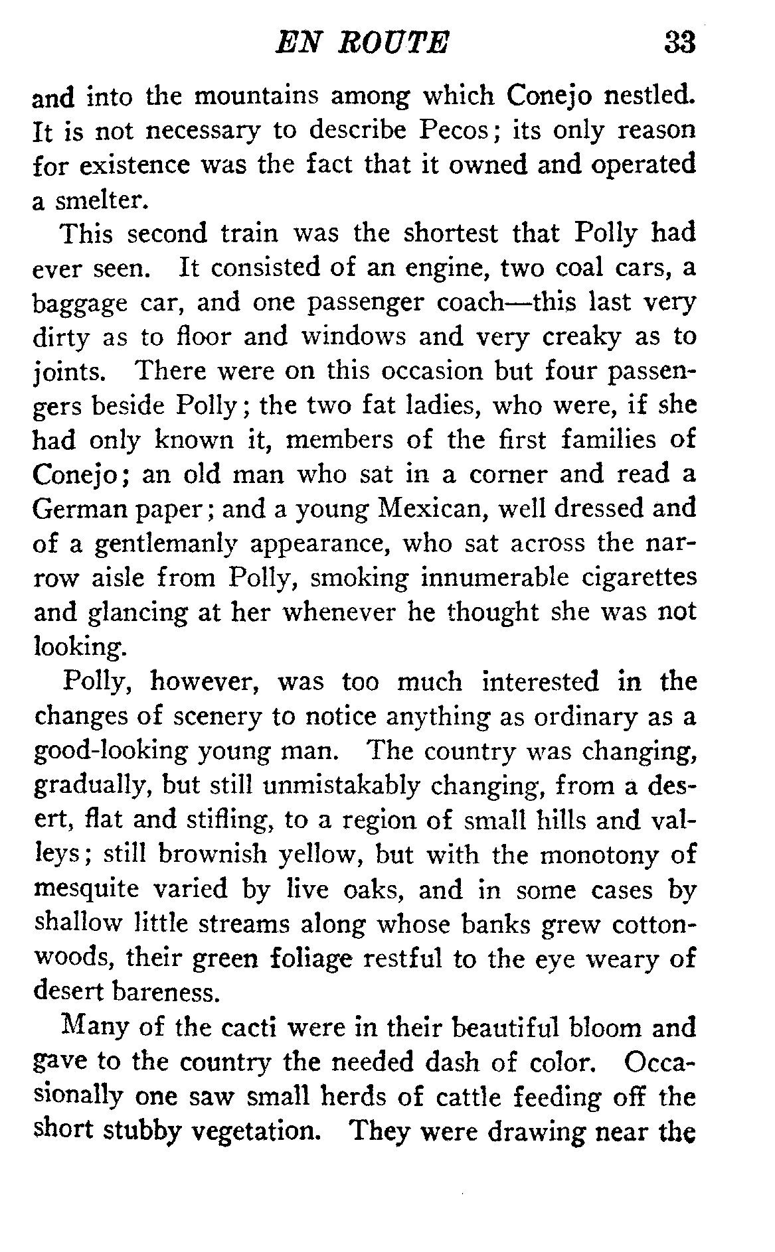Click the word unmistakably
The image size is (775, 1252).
pos(341,786)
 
